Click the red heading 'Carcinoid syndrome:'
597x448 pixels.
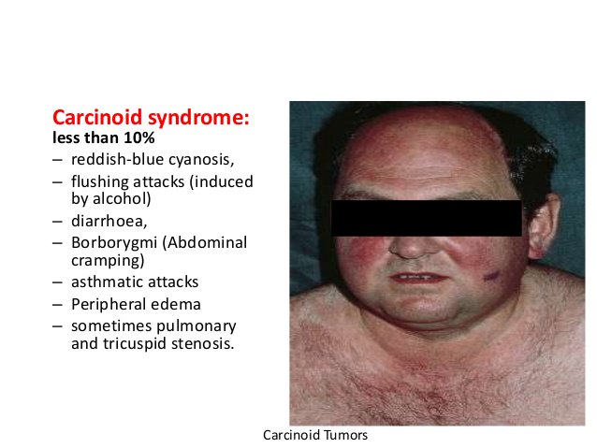(151, 118)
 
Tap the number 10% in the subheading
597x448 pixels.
(138, 138)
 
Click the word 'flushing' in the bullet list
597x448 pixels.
(99, 181)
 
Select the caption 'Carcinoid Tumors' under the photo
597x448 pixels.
(316, 435)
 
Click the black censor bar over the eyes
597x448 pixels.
(426, 218)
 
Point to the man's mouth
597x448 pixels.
(415, 277)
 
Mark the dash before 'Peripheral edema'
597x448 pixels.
(58, 304)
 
